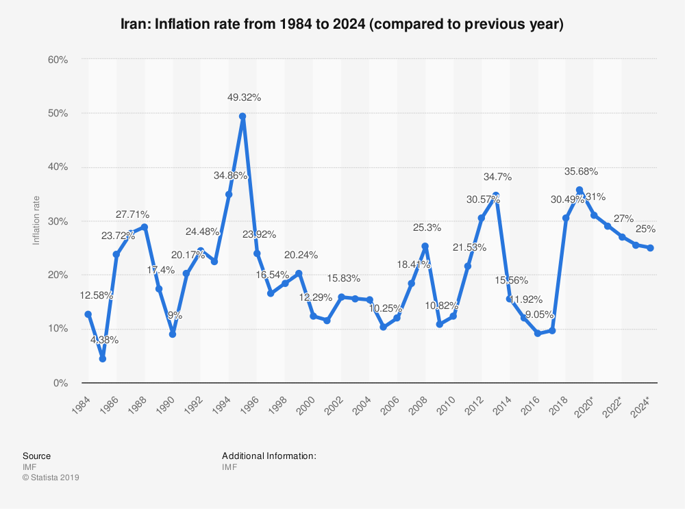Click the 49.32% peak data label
point(244,97)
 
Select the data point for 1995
point(242,116)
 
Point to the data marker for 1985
point(102,358)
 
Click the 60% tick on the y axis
point(58,60)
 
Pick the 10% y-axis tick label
point(58,329)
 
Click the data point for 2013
point(495,195)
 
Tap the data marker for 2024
point(649,248)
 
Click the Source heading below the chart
point(36,456)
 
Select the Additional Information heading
point(269,456)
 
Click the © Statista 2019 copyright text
point(51,477)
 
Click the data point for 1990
point(173,334)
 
